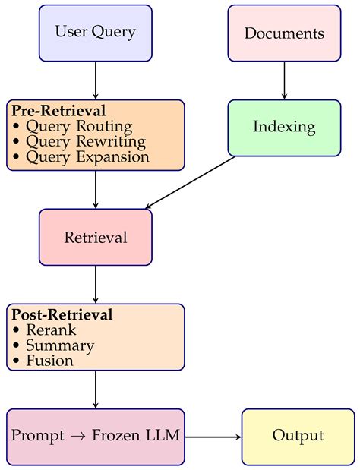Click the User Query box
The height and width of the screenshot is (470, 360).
tap(96, 33)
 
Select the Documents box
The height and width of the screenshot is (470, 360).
tap(284, 33)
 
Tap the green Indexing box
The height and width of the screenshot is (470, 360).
tap(284, 128)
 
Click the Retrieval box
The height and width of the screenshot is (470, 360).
tap(96, 237)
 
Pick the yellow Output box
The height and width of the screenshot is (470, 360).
tap(298, 437)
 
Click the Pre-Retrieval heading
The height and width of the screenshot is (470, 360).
tap(58, 111)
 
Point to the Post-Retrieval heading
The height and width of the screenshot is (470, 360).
tap(62, 315)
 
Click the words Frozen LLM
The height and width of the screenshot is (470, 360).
tap(136, 435)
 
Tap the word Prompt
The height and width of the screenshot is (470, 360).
tap(38, 436)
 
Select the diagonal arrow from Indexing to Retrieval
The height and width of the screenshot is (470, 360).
tap(190, 182)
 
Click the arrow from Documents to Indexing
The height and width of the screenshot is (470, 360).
tap(284, 80)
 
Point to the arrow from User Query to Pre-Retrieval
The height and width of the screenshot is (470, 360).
tap(96, 80)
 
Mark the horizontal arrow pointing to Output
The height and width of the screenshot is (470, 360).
tap(213, 437)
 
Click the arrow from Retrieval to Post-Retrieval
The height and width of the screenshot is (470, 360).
tap(96, 285)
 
